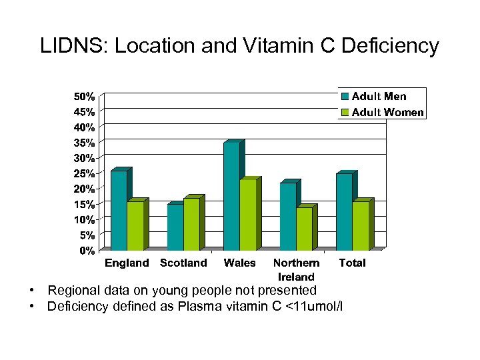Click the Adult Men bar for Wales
click(x=231, y=196)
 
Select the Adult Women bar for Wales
click(x=248, y=215)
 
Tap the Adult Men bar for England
click(x=119, y=210)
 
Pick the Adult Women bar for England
click(x=135, y=225)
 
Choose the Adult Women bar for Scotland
click(x=191, y=224)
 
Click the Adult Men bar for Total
click(x=344, y=211)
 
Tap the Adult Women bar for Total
click(x=361, y=225)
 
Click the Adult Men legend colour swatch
click(x=345, y=97)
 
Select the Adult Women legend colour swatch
click(x=345, y=112)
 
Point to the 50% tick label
click(x=83, y=96)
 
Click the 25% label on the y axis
click(x=83, y=173)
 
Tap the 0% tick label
click(x=87, y=251)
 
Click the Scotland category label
click(x=183, y=263)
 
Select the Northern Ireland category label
click(x=296, y=269)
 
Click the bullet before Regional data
click(x=31, y=291)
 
